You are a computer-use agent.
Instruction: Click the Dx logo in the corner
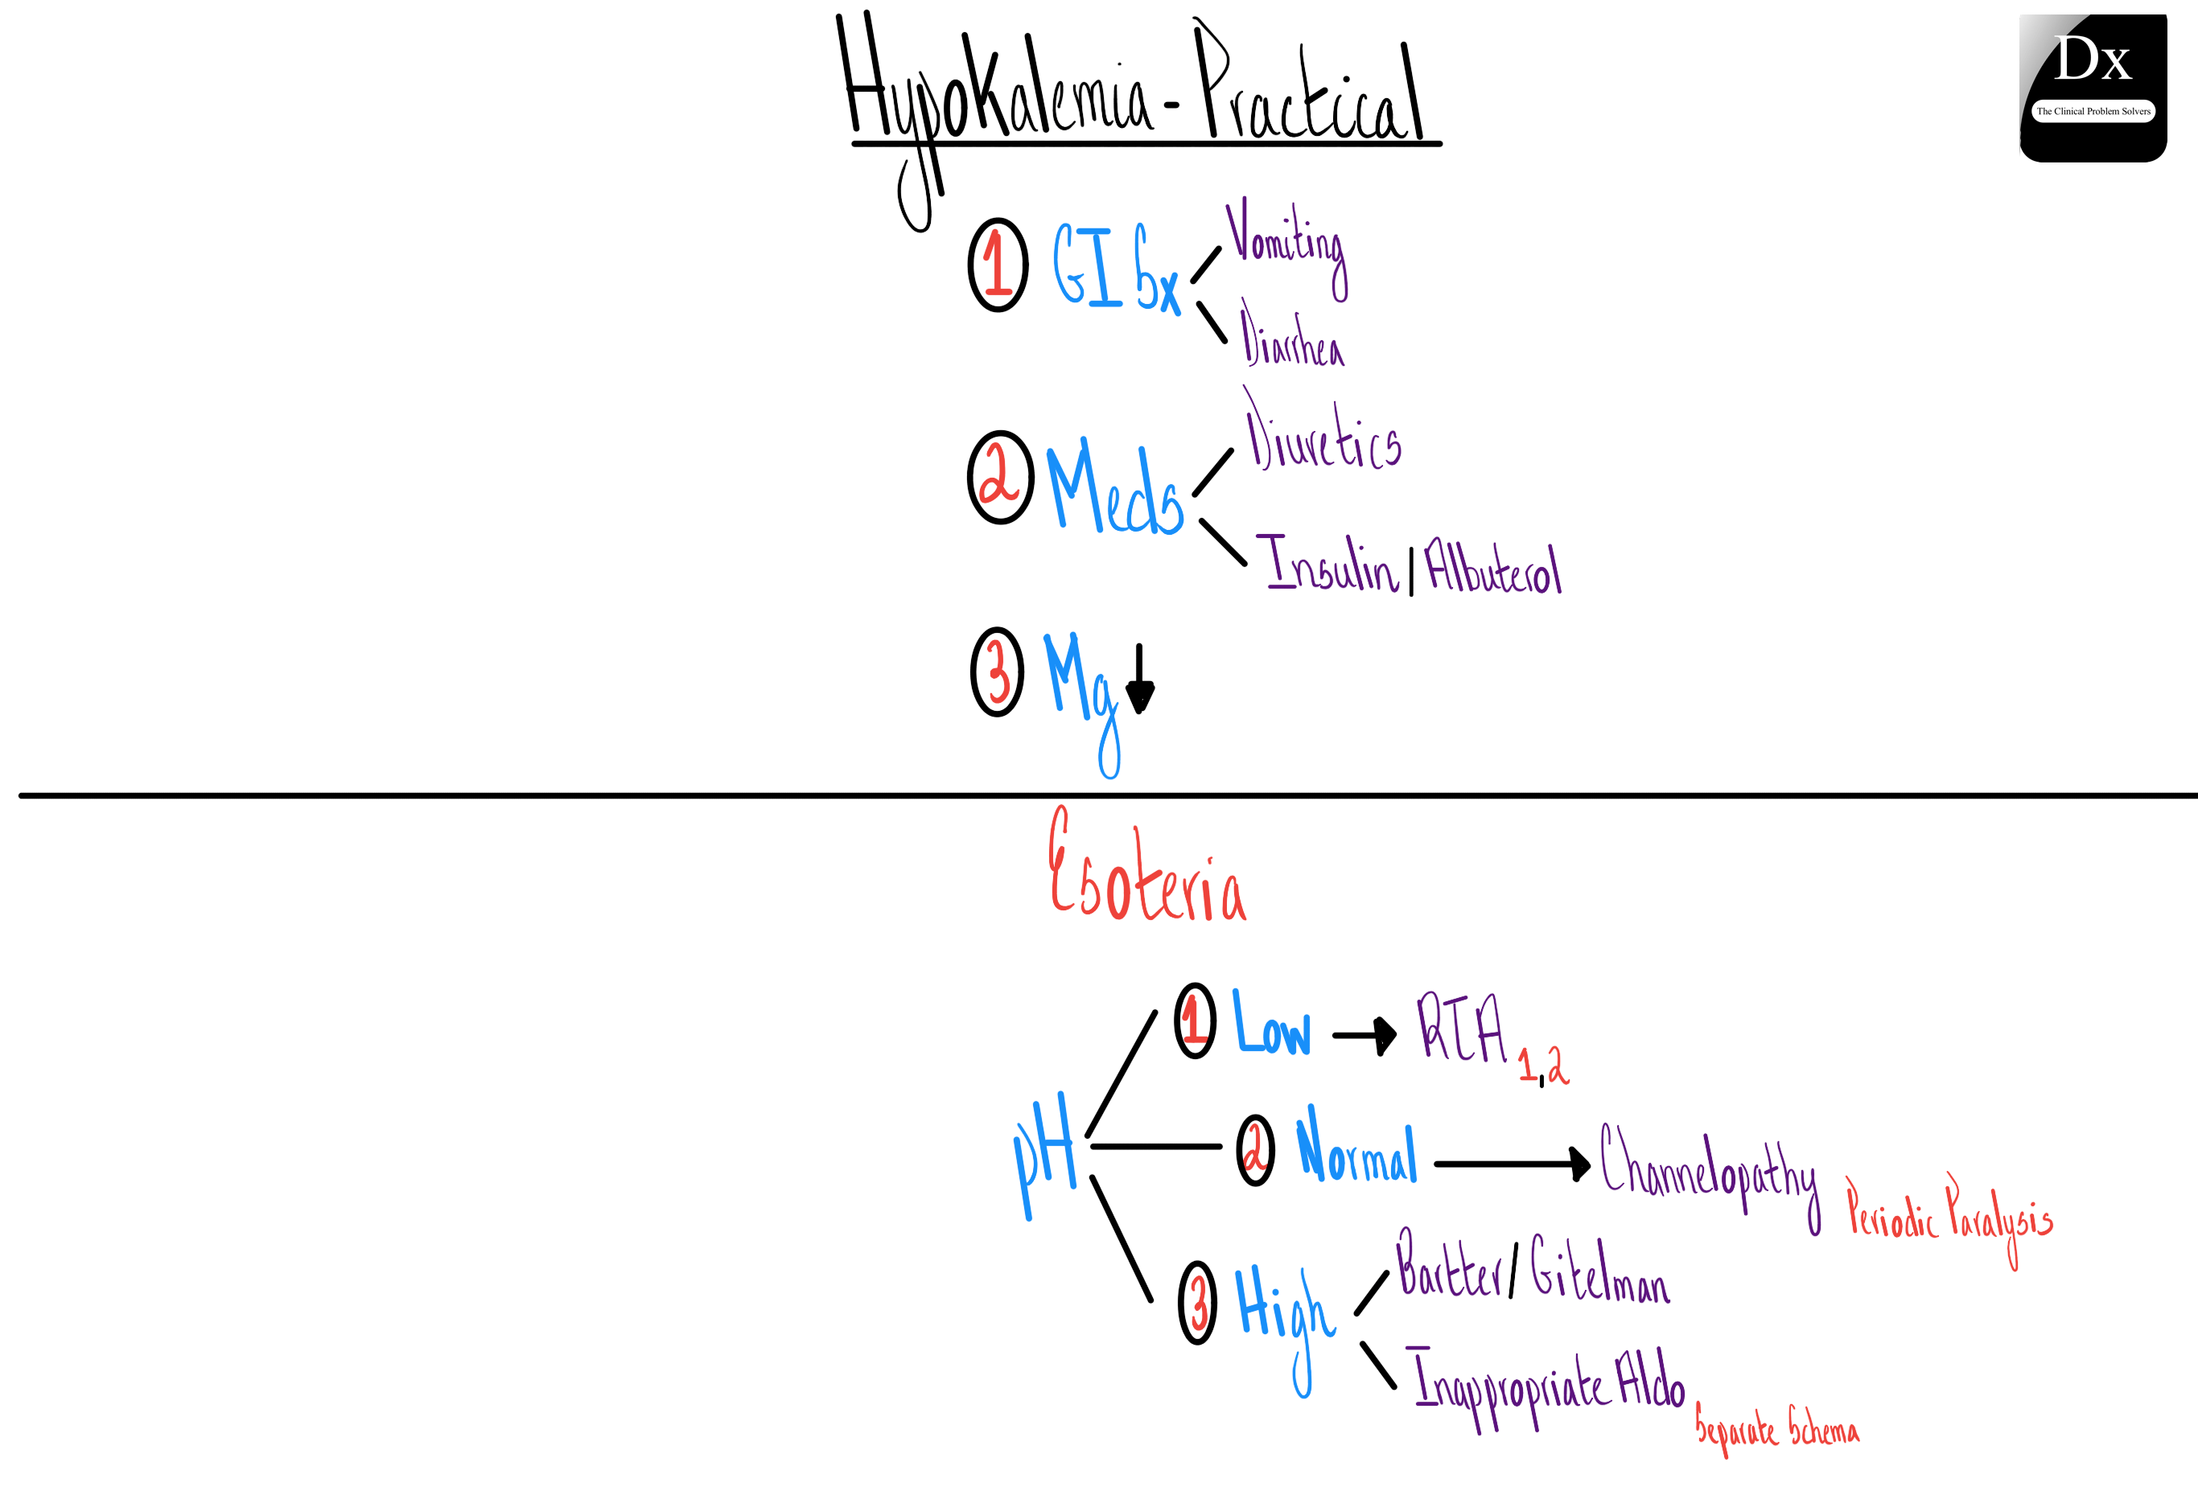coord(2092,87)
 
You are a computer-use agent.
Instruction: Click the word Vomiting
coord(1286,241)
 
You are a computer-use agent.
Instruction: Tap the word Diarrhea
coord(1292,339)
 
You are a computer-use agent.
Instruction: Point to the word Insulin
coord(1331,565)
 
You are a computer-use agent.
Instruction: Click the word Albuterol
coord(1492,567)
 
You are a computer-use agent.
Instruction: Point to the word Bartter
coord(1450,1267)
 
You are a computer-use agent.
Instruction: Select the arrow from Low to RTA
coord(1364,1035)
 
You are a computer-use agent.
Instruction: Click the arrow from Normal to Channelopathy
coord(1512,1164)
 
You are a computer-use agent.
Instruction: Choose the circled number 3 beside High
coord(1197,1302)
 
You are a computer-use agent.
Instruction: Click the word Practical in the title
coord(1310,90)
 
